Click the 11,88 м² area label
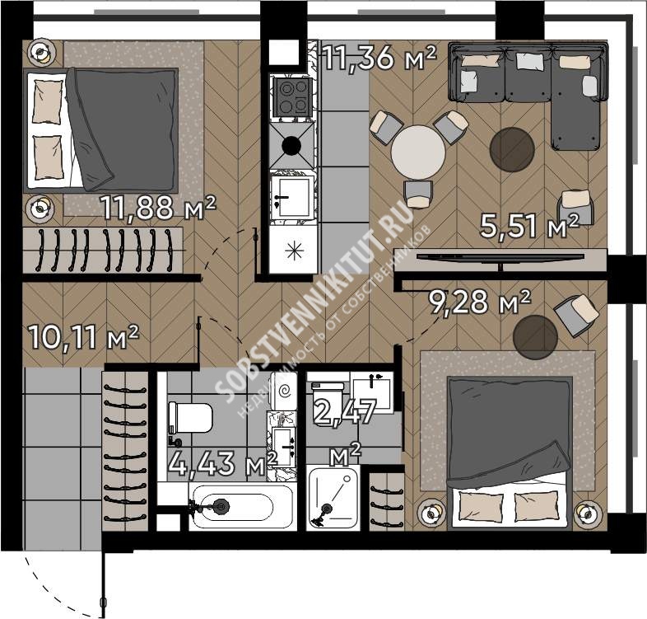click(x=158, y=207)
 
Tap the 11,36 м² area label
click(x=379, y=58)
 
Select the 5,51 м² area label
click(x=530, y=226)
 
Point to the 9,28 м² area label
click(x=479, y=302)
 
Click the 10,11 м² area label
click(x=83, y=337)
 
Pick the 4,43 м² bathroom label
click(x=222, y=462)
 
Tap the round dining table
click(x=418, y=152)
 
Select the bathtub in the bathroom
click(x=243, y=505)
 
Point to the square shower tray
click(x=333, y=497)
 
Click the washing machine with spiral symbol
click(x=283, y=391)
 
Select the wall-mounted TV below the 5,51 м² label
click(x=500, y=257)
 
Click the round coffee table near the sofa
click(x=512, y=149)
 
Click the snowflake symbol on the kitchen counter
click(x=294, y=251)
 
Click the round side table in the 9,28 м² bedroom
click(x=535, y=337)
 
